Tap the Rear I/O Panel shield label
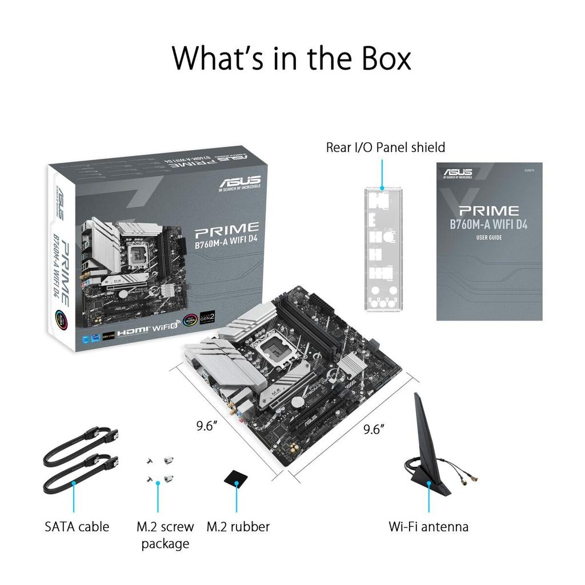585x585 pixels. point(385,147)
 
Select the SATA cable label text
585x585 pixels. point(77,526)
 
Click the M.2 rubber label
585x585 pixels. point(238,526)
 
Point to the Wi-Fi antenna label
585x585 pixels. point(428,526)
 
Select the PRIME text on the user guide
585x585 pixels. point(488,211)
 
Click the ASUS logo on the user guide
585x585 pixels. point(458,173)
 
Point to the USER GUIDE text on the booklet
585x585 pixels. point(489,238)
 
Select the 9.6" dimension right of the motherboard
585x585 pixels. point(374,430)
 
